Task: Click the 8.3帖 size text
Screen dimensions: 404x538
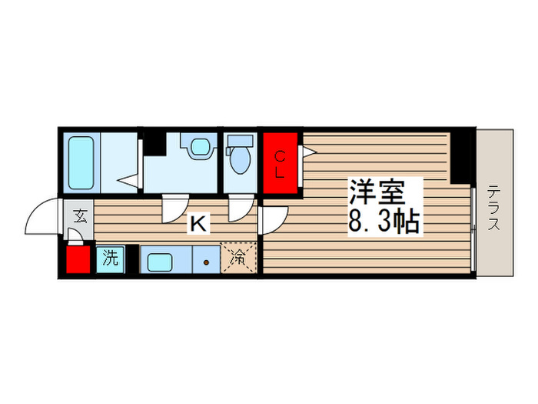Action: [x=384, y=222]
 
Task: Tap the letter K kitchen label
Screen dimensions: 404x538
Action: [x=198, y=224]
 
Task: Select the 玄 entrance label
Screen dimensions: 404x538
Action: [x=79, y=214]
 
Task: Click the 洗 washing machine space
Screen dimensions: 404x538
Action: [x=111, y=259]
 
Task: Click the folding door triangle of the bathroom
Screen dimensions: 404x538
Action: [x=128, y=183]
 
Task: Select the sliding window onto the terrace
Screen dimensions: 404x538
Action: [x=473, y=227]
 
